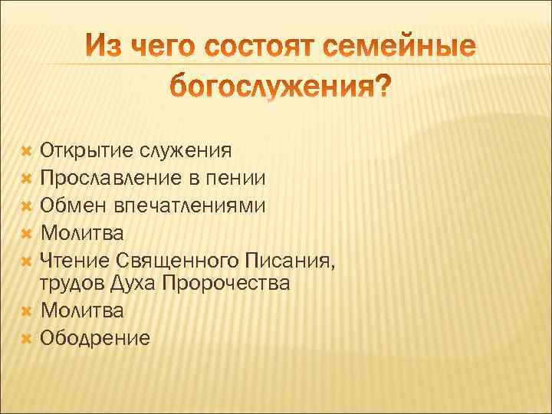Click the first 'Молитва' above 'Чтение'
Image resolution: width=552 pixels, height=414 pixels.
[x=81, y=232]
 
